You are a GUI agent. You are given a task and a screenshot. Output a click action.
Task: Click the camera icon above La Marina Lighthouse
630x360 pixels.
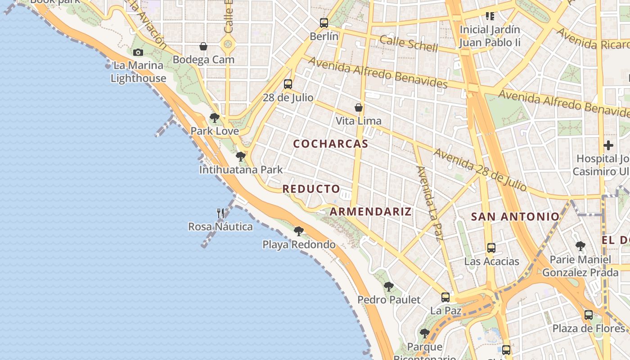pos(138,52)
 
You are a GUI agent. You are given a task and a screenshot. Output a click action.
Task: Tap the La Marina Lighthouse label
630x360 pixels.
pos(138,72)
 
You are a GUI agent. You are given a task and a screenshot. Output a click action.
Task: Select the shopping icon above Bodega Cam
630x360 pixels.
pos(203,46)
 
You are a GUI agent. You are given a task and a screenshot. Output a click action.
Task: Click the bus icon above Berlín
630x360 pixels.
pos(324,23)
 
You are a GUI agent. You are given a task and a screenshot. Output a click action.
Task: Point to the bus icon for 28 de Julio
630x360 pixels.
pos(288,84)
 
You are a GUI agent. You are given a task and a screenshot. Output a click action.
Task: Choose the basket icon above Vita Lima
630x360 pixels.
pos(359,108)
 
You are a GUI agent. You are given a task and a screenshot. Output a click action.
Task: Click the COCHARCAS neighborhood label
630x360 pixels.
pos(331,144)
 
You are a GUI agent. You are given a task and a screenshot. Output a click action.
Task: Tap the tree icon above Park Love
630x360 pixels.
pos(215,118)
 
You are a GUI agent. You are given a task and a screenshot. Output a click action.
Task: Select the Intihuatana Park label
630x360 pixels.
pos(241,170)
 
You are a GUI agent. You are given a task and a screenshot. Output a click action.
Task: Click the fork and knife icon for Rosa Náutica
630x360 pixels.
pos(220,213)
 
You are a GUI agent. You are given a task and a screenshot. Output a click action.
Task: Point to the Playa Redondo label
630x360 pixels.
pos(299,245)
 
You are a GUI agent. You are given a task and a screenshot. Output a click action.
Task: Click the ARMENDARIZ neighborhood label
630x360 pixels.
pos(371,211)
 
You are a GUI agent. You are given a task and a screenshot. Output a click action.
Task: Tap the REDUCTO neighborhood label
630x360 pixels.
pos(311,189)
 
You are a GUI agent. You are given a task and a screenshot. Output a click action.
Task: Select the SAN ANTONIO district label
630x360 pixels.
pos(515,216)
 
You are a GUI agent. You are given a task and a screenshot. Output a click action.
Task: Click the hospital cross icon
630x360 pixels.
pos(608,145)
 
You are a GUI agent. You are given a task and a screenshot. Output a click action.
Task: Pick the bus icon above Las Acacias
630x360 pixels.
pos(491,248)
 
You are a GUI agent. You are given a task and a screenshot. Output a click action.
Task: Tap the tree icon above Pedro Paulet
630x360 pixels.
pos(388,287)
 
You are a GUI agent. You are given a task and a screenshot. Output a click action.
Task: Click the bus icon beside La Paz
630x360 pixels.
pos(445,297)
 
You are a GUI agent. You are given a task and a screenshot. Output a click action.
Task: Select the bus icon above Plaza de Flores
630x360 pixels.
pos(589,315)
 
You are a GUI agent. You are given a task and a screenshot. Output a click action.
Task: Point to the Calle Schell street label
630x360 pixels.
pos(409,43)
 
